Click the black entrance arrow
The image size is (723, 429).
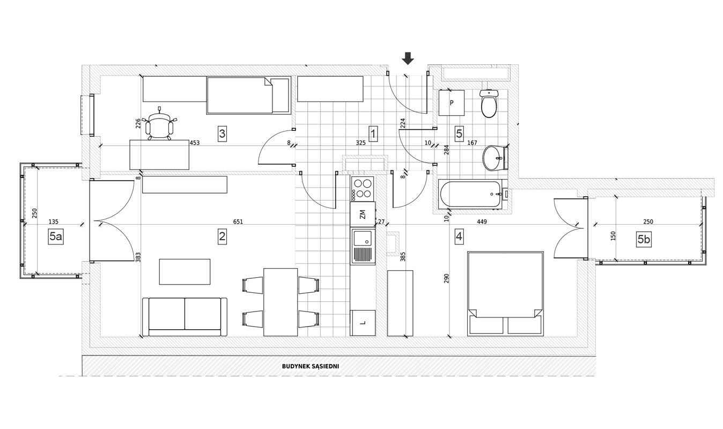point(408,58)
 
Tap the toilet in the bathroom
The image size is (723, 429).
point(489,103)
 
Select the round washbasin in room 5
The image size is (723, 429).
point(495,158)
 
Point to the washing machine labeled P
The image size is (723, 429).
point(451,102)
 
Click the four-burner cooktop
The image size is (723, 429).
point(362,189)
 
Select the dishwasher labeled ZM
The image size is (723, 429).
point(363,214)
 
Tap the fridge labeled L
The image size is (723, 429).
point(363,323)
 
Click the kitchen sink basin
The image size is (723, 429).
point(363,238)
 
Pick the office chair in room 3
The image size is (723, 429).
point(159,124)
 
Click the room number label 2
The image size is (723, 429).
point(222,236)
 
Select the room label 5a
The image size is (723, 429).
point(56,236)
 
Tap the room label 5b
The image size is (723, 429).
point(644,240)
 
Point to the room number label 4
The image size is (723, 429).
point(459,236)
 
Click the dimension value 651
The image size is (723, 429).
point(238,222)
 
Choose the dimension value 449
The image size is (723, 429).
point(482,222)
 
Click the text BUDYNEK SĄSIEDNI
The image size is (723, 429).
point(311,366)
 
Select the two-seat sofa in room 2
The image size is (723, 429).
point(185,317)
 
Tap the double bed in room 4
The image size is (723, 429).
point(505,294)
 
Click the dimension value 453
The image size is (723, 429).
point(195,143)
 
